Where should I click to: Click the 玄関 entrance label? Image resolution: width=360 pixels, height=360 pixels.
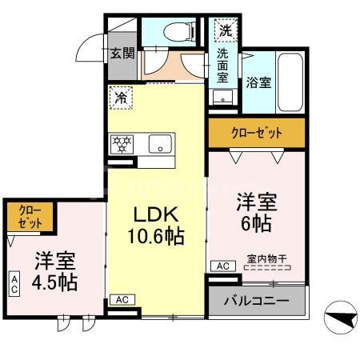[123, 54]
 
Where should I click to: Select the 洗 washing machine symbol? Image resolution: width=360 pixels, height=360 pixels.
[226, 31]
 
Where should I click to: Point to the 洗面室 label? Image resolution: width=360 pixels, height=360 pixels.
[223, 66]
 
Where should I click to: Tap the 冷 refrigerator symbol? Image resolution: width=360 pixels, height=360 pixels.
[122, 99]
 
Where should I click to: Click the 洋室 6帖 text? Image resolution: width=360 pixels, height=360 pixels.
[257, 209]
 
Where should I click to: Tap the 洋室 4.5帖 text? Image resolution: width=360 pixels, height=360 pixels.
[55, 273]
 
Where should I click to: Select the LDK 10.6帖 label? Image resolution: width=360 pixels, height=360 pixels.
[157, 226]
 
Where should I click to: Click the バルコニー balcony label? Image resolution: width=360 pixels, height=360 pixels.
[257, 302]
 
